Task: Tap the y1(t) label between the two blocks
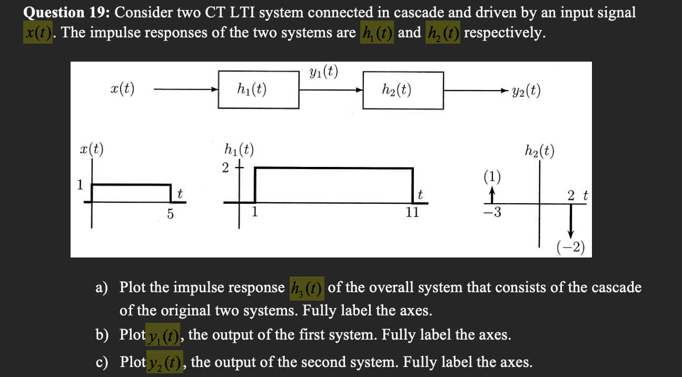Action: tap(323, 72)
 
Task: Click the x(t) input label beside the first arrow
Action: tap(123, 88)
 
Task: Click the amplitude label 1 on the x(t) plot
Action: tap(80, 184)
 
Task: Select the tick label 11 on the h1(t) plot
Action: tap(412, 213)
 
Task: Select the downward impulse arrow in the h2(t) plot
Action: tap(570, 222)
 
